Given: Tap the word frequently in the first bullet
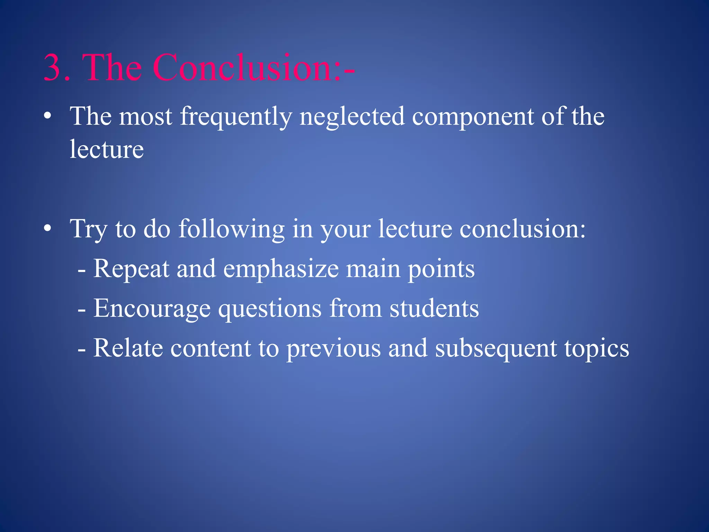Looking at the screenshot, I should click(x=236, y=117).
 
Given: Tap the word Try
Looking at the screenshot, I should click(x=89, y=229).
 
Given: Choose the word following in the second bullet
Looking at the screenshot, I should click(x=232, y=229).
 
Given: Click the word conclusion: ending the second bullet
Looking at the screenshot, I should click(x=522, y=229).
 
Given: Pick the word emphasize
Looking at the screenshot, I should click(x=281, y=269).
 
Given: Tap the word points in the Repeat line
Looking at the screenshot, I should click(x=441, y=269).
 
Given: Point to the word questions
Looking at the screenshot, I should click(x=270, y=309).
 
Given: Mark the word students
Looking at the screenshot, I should click(x=434, y=309).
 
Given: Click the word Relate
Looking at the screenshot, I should click(x=128, y=348).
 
